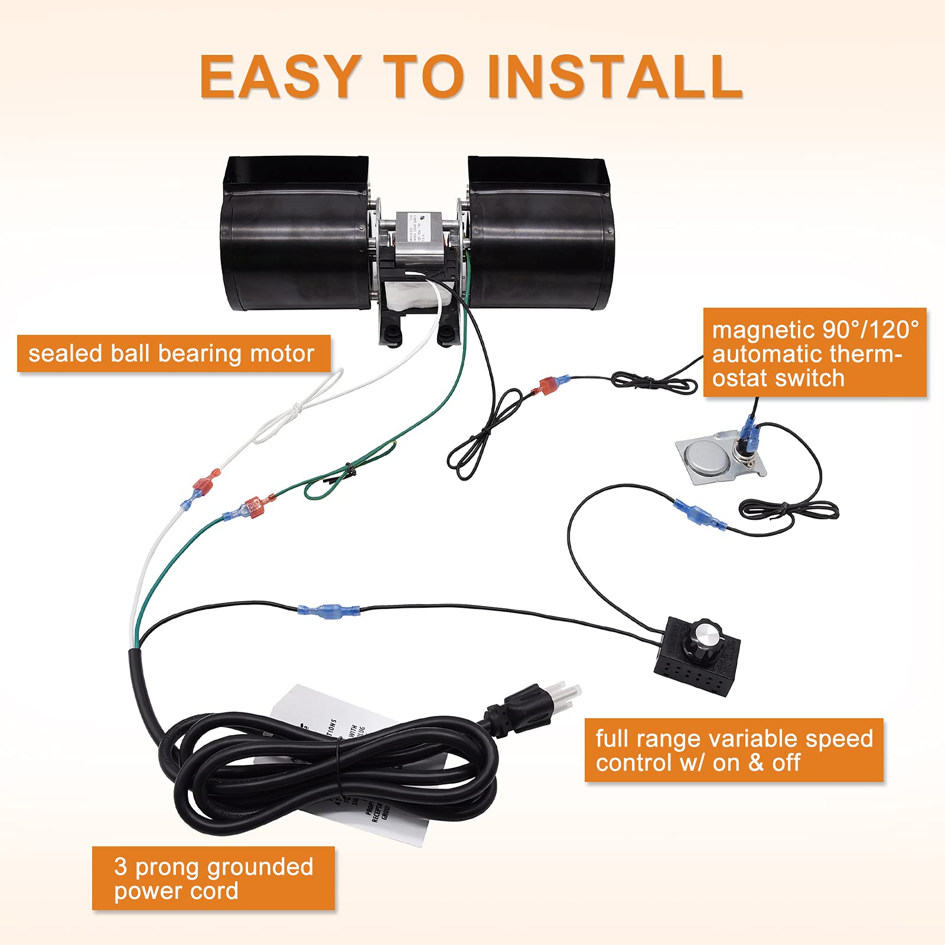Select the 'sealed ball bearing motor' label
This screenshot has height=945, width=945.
[173, 354]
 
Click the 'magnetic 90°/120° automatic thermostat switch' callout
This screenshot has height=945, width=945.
[814, 353]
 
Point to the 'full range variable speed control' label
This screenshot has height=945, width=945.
[734, 750]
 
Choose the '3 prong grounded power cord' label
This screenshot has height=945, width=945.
[213, 878]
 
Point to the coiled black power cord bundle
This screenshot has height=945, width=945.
[331, 768]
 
